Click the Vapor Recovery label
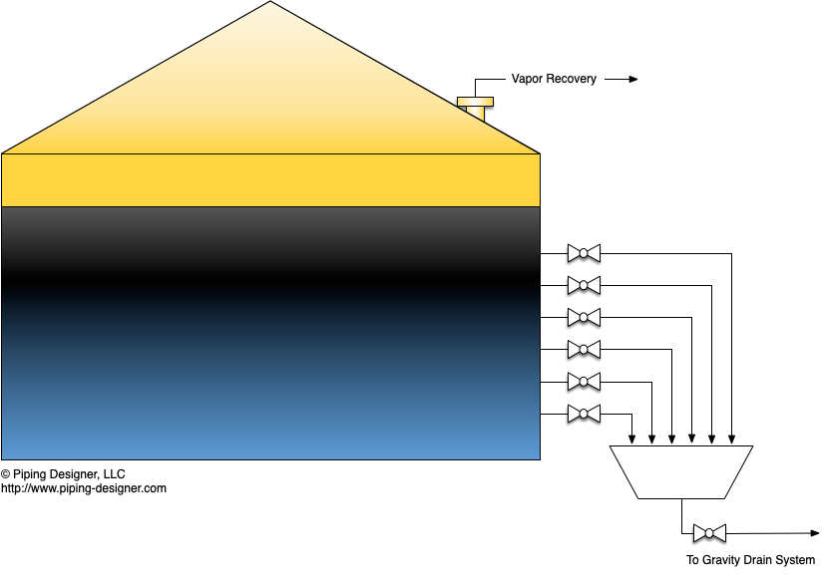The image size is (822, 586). pyautogui.click(x=554, y=79)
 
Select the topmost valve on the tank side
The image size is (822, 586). pyautogui.click(x=584, y=253)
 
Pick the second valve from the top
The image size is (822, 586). pyautogui.click(x=584, y=286)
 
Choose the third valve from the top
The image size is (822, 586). pyautogui.click(x=584, y=318)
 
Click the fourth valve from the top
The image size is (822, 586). pyautogui.click(x=584, y=350)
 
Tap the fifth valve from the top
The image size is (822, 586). pyautogui.click(x=584, y=382)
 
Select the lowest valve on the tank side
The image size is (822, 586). pyautogui.click(x=584, y=414)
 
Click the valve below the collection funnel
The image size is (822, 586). pyautogui.click(x=709, y=533)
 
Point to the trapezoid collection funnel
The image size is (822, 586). pyautogui.click(x=681, y=471)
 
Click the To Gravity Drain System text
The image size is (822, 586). pyautogui.click(x=750, y=560)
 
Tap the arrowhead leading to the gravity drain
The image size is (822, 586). pyautogui.click(x=813, y=533)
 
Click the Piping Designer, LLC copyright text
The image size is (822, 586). pyautogui.click(x=63, y=474)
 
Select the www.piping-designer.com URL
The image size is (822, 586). pyautogui.click(x=84, y=488)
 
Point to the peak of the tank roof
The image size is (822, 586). pyautogui.click(x=270, y=4)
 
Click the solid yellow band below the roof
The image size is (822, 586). pyautogui.click(x=270, y=179)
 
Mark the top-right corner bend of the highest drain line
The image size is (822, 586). pyautogui.click(x=732, y=253)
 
